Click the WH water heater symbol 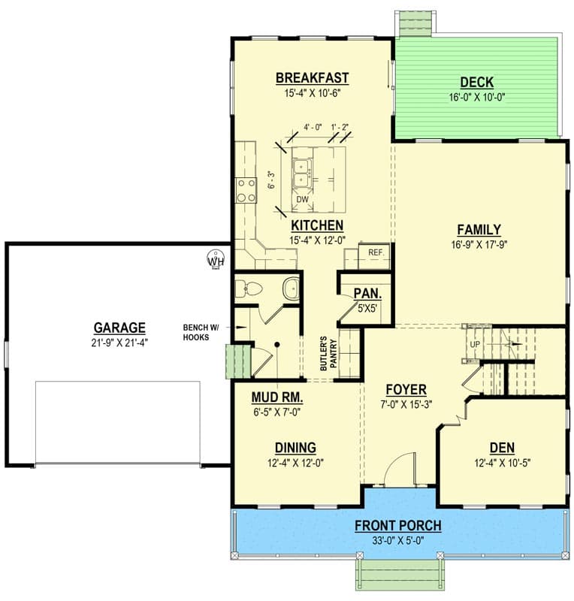tap(216, 259)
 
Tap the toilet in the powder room tap(248, 288)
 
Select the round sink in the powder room tap(291, 288)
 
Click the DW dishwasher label tap(303, 199)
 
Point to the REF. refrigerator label tap(376, 252)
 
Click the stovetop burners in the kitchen tap(246, 191)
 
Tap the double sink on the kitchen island tap(303, 174)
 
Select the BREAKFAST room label tap(312, 78)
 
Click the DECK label tap(476, 83)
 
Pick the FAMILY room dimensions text tap(479, 245)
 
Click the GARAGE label tap(119, 328)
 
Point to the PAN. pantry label tap(367, 294)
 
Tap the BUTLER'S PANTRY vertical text tap(328, 354)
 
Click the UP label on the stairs tap(475, 344)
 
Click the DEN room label tap(502, 448)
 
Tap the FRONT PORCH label tap(397, 525)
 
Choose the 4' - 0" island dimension tap(313, 127)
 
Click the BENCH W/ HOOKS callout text tap(201, 332)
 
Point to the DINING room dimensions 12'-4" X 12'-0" tap(295, 463)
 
